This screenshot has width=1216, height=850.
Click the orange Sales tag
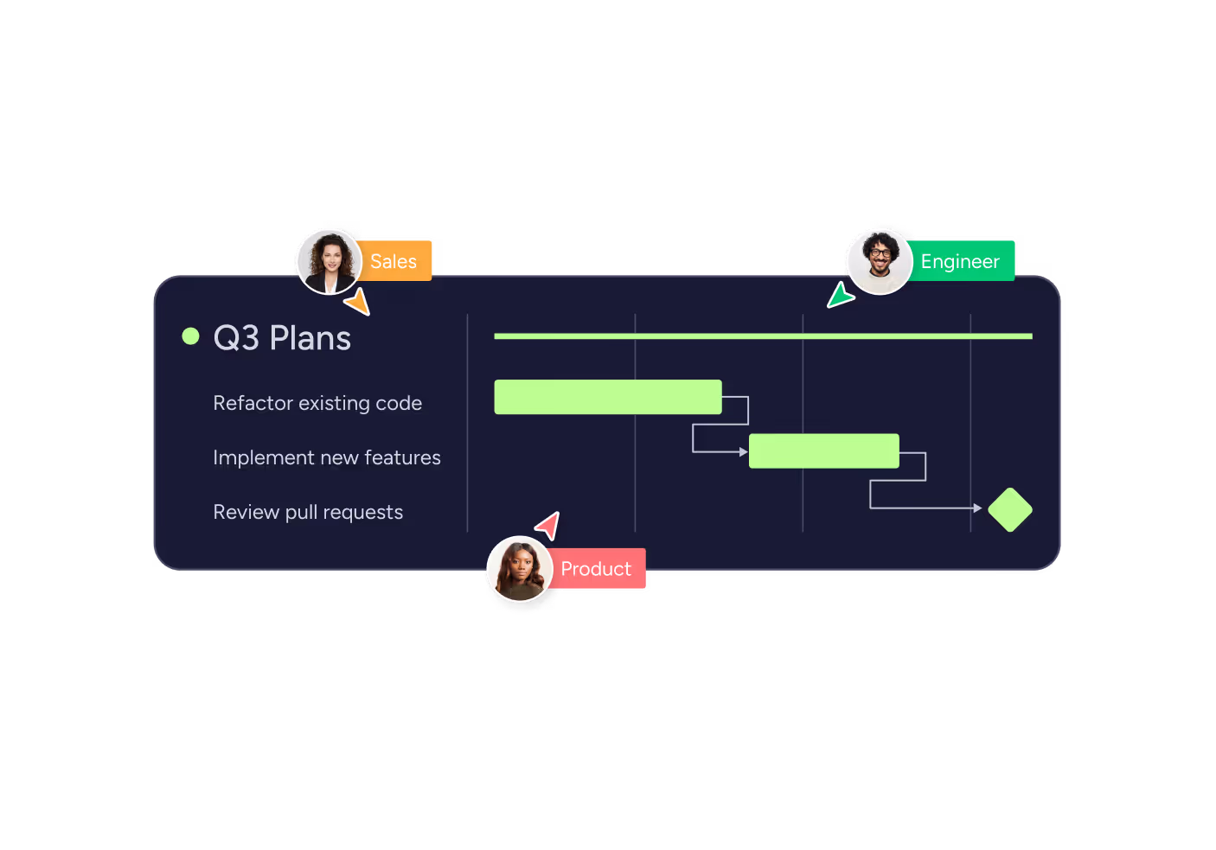pos(395,261)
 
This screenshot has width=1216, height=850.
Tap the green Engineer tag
pos(960,261)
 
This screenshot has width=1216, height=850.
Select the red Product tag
pos(596,568)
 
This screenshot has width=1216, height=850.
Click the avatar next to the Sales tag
pos(330,262)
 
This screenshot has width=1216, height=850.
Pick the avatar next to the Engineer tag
pos(880,262)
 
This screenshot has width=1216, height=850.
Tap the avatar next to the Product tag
pos(520,568)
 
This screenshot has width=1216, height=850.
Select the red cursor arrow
pos(549,526)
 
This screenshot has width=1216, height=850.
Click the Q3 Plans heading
pos(282,337)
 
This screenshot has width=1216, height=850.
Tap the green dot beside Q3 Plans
pos(190,336)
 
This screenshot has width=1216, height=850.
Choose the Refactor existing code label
pos(317,403)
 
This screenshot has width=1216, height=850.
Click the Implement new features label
pos(327,457)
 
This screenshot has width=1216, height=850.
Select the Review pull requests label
pos(309,513)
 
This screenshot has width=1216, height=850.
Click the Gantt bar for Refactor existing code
pos(608,397)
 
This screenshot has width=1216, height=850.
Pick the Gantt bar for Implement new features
pos(824,451)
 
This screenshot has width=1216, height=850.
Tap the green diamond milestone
pos(1010,509)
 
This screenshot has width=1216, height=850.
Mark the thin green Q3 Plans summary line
pos(764,336)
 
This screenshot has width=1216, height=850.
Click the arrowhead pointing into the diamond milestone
pos(978,508)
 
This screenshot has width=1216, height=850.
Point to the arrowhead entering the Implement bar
pos(744,451)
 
